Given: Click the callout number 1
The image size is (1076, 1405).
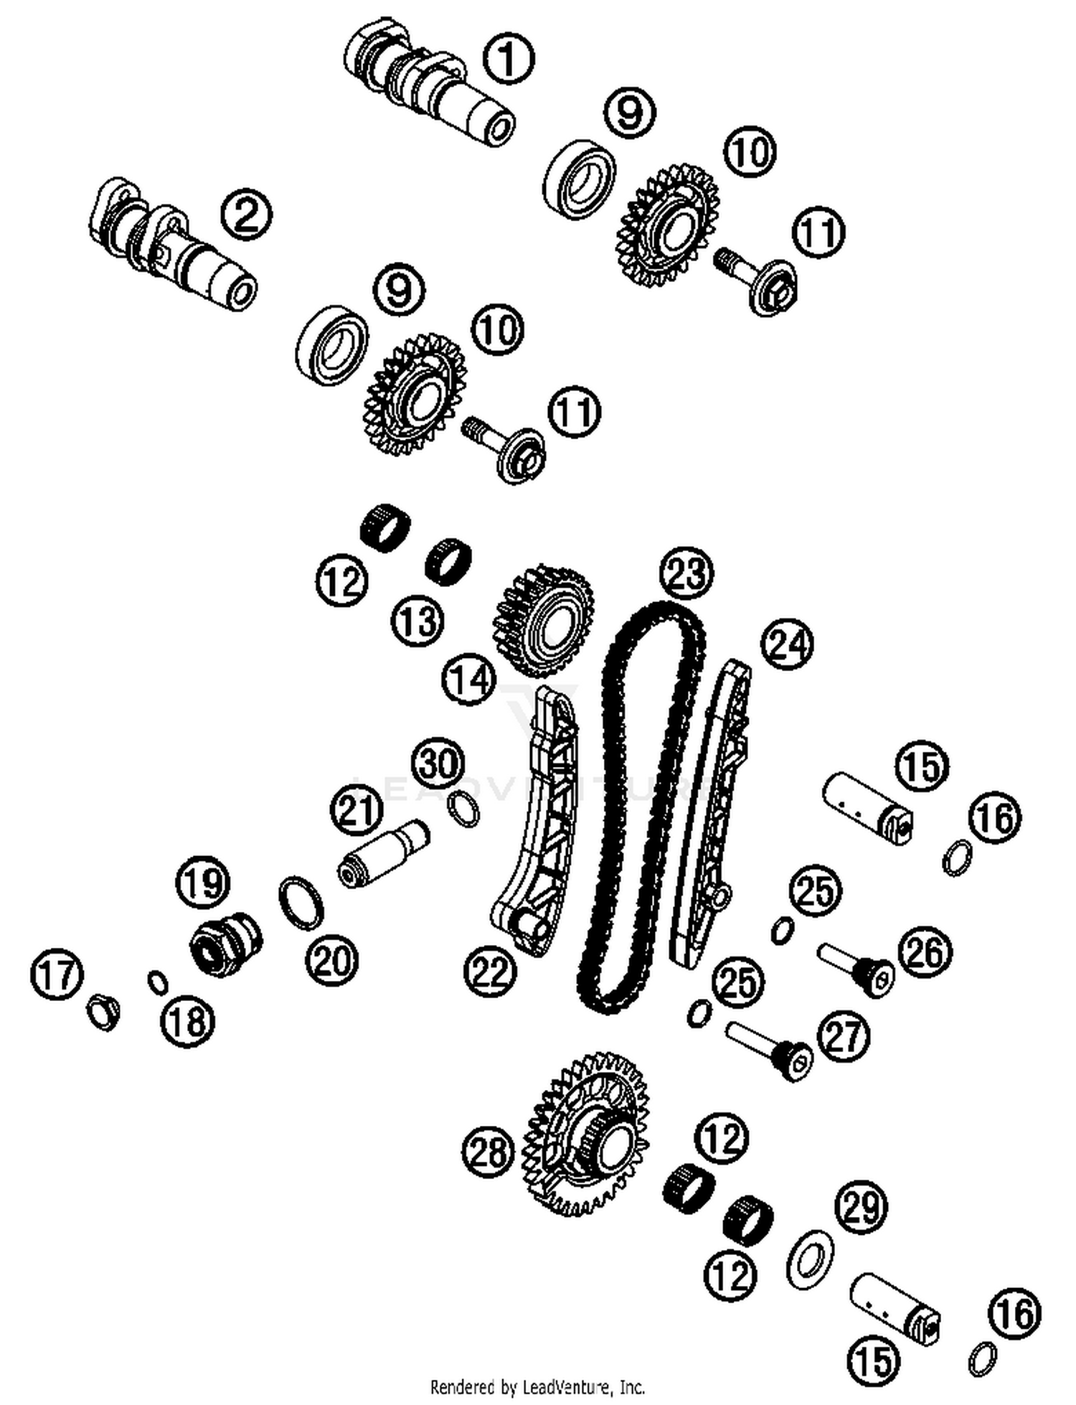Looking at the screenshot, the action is click(x=508, y=59).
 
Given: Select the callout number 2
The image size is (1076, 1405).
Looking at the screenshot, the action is click(x=246, y=214).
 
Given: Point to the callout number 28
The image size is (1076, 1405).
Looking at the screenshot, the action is click(x=489, y=1153).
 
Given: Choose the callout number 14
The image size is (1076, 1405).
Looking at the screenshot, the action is click(x=469, y=678).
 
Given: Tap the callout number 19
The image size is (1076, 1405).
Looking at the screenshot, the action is click(x=203, y=882).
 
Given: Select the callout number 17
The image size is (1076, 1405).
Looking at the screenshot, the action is click(x=57, y=974).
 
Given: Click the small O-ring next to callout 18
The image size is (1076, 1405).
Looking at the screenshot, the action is click(x=158, y=982).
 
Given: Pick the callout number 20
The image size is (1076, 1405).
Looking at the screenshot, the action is click(x=331, y=960).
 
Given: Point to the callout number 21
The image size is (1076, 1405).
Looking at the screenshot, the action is click(x=357, y=810).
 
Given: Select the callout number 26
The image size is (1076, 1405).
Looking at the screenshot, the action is click(x=926, y=951).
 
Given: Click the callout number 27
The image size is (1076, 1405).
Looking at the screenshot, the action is click(x=844, y=1036).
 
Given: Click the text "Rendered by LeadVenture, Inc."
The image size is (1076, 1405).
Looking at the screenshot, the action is click(x=537, y=1386).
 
